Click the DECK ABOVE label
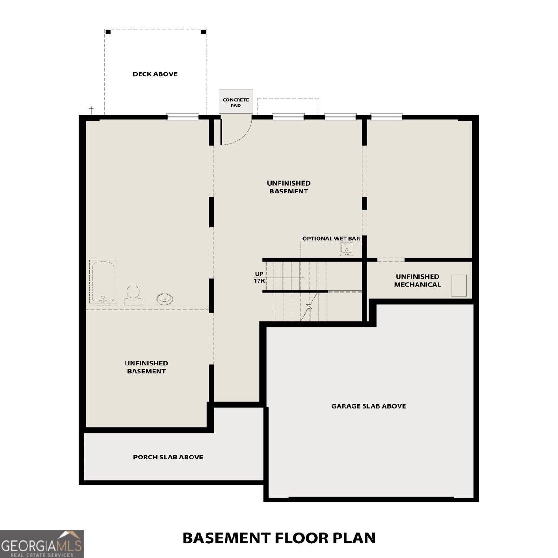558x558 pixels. [155, 74]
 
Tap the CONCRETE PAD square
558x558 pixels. [236, 102]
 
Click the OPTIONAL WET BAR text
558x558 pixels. [331, 239]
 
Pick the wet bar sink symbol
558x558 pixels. [346, 249]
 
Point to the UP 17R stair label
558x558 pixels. [259, 278]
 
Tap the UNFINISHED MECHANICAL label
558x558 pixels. [417, 280]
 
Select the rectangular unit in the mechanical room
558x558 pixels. [458, 286]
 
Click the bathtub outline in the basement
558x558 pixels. [103, 282]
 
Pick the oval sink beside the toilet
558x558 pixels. [165, 299]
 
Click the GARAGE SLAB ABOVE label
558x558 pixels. [368, 406]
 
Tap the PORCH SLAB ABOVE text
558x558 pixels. [168, 457]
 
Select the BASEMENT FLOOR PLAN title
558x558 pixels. [279, 538]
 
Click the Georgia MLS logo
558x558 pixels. [42, 544]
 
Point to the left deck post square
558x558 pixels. [108, 32]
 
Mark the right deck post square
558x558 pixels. [203, 32]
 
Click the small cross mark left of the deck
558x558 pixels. [92, 110]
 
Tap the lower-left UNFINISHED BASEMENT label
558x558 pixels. [146, 367]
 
